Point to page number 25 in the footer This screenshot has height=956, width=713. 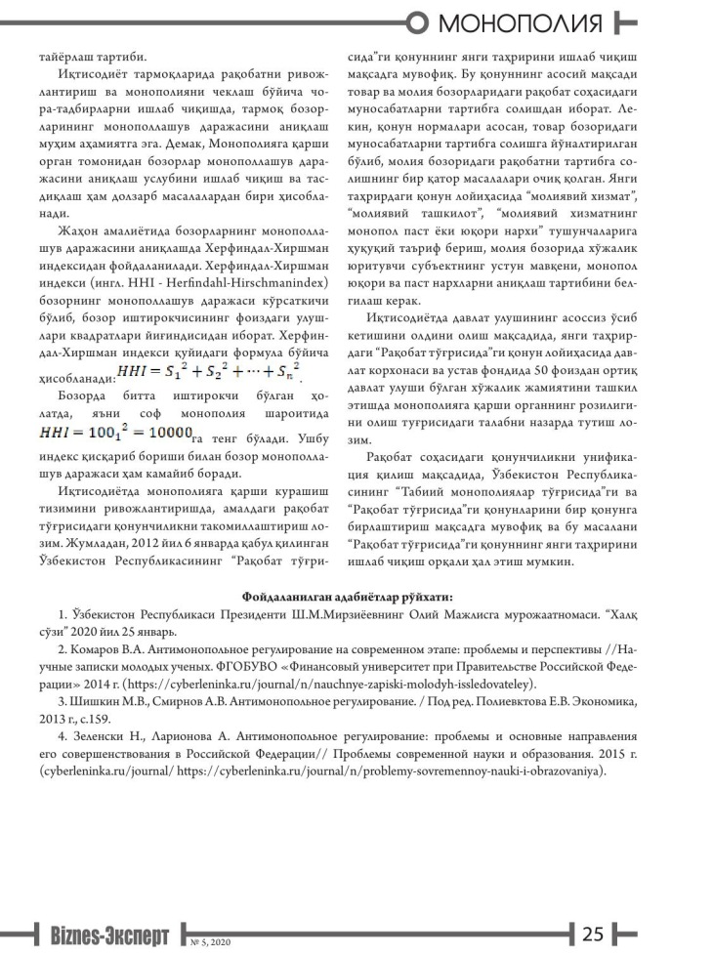594,933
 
